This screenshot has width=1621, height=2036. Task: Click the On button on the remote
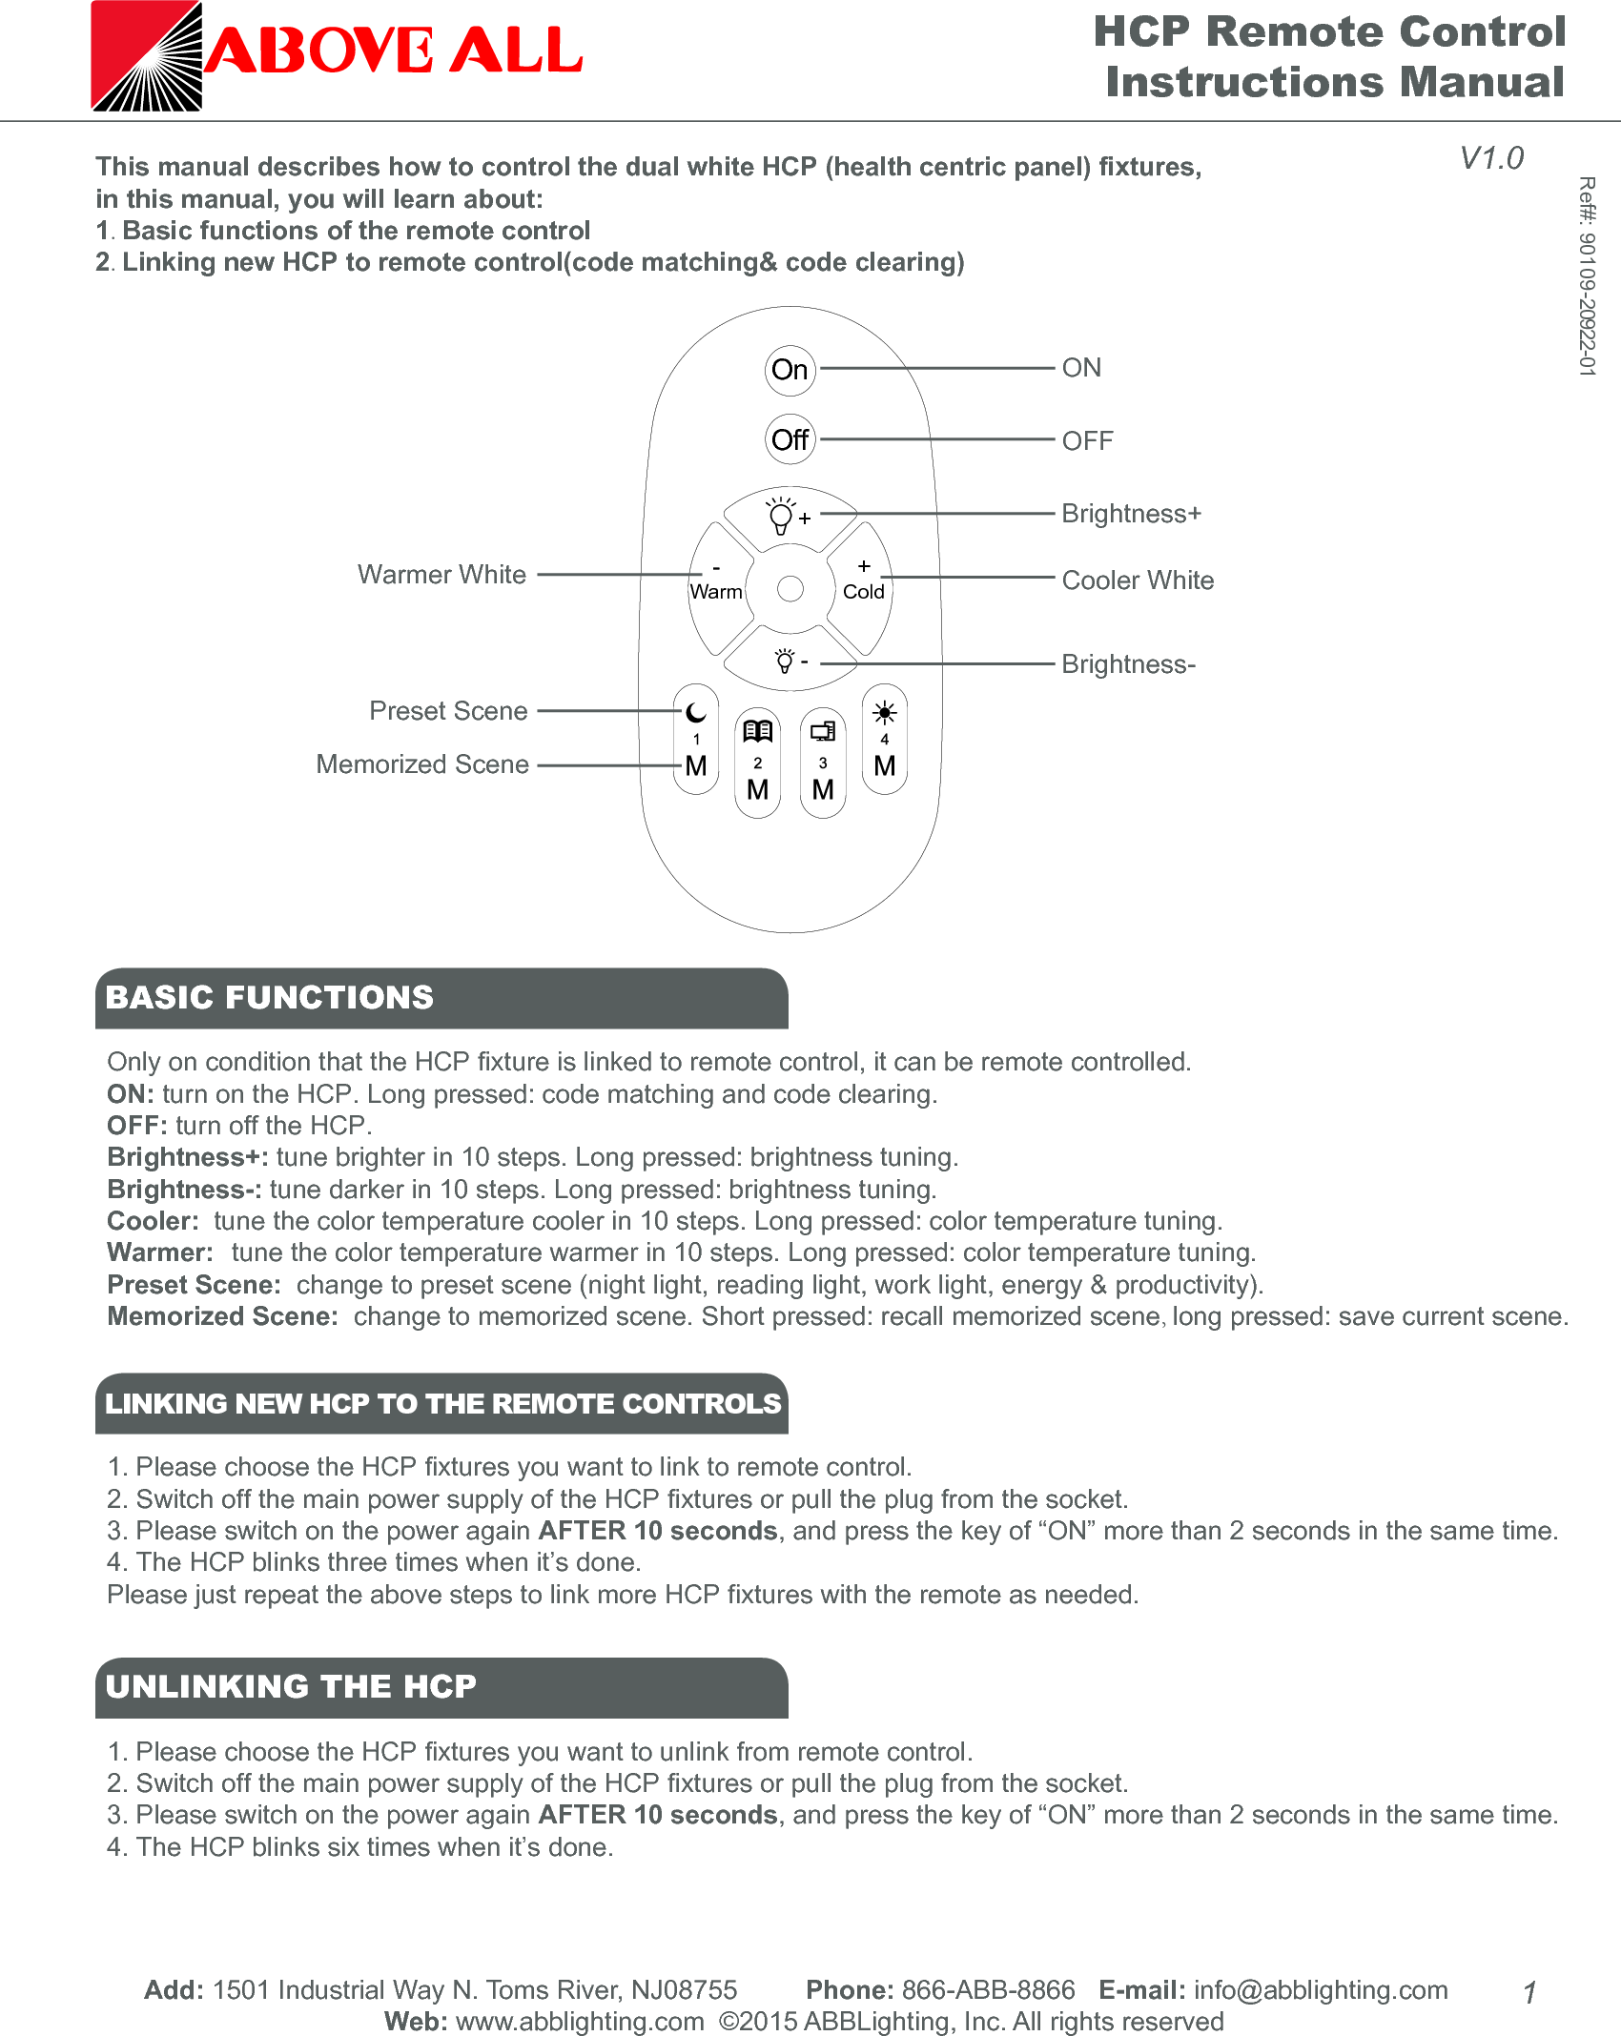click(790, 370)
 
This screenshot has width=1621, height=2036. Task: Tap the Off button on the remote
click(790, 439)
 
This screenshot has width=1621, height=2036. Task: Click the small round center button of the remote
click(790, 589)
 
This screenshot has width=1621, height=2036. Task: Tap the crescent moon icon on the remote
click(696, 712)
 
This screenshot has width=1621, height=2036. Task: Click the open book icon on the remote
click(758, 731)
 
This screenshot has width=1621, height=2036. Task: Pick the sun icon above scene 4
click(884, 712)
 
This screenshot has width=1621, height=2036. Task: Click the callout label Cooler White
click(1138, 580)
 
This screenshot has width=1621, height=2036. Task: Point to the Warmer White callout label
click(441, 574)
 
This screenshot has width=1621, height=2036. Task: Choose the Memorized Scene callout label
click(422, 764)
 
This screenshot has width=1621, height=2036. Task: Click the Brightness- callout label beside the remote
click(1128, 663)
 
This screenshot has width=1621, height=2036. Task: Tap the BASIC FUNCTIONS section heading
click(270, 997)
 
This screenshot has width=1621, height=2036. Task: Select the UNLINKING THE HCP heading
click(291, 1686)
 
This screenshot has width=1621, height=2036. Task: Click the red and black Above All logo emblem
click(147, 56)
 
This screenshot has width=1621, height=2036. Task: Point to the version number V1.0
click(1491, 157)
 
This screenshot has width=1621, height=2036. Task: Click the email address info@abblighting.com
click(1321, 1989)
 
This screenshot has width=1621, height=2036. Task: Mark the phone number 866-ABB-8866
click(988, 1989)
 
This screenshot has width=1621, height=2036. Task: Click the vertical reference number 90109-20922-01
click(1586, 276)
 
